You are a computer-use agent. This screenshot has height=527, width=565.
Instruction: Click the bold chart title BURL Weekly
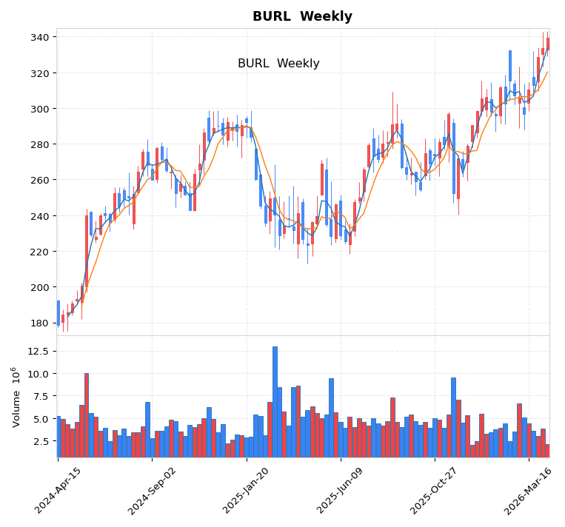pos(302,16)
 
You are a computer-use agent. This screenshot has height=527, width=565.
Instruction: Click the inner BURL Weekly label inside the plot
pos(278,64)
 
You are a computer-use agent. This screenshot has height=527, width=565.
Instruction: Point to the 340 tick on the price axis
pos(42,37)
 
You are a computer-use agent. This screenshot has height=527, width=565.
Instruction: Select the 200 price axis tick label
pos(42,287)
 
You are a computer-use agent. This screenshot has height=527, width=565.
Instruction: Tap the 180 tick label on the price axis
pos(42,323)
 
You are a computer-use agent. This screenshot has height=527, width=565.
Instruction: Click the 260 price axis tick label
pos(42,180)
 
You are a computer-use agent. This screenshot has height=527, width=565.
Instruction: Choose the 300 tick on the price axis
pos(42,109)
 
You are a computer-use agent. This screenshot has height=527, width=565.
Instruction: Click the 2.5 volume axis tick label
pos(42,441)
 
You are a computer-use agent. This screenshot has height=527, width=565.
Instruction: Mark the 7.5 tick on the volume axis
pos(42,396)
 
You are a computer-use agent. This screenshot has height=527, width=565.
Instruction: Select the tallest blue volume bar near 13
pos(275,400)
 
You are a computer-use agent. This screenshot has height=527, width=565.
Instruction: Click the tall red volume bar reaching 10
pos(87,414)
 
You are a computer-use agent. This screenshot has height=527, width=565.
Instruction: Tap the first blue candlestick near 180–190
pos(58,312)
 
